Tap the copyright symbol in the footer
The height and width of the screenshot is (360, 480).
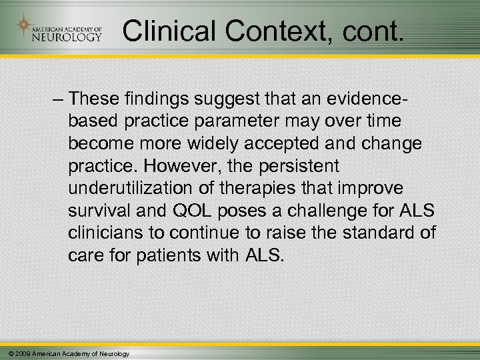[x=6, y=353]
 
